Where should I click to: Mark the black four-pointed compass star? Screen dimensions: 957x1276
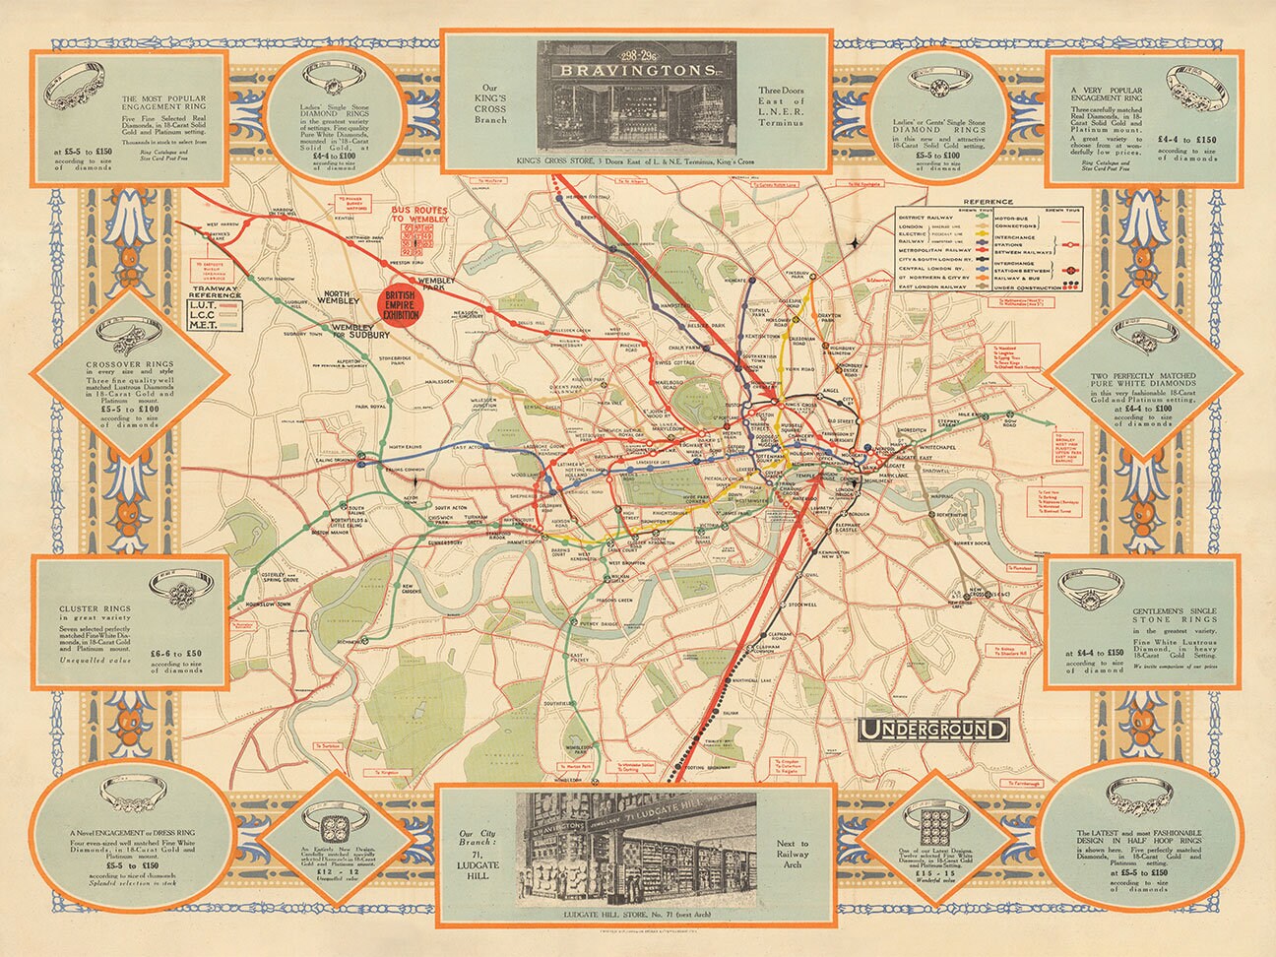[x=862, y=243]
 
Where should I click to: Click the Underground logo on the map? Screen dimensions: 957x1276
[x=933, y=730]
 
